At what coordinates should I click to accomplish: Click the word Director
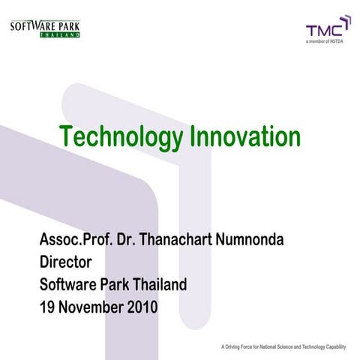65,263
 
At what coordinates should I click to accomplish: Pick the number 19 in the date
47,307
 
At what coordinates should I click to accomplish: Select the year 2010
141,307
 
